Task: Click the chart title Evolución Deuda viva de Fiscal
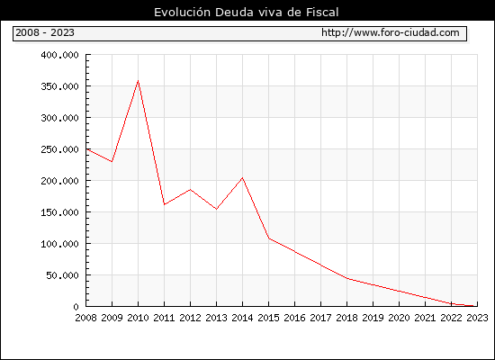click(x=247, y=13)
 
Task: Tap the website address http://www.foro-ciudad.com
click(x=391, y=32)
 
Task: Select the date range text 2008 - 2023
click(x=45, y=32)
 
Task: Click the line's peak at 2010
click(x=138, y=81)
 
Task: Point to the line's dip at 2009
click(x=112, y=162)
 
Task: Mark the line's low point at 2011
click(x=164, y=204)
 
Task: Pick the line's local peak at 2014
click(x=242, y=178)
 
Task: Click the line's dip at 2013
click(x=216, y=209)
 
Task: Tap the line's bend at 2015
click(x=269, y=238)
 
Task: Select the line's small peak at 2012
click(x=191, y=190)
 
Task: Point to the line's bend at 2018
click(x=346, y=278)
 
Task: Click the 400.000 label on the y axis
click(x=59, y=55)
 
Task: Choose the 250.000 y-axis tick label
click(x=59, y=149)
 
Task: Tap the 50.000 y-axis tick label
click(x=62, y=275)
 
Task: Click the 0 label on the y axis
click(x=76, y=307)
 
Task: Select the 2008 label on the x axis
click(x=85, y=318)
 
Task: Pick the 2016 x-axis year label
click(x=295, y=318)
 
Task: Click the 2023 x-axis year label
click(x=477, y=318)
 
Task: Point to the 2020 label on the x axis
click(x=399, y=318)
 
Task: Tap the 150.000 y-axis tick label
click(x=59, y=212)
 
